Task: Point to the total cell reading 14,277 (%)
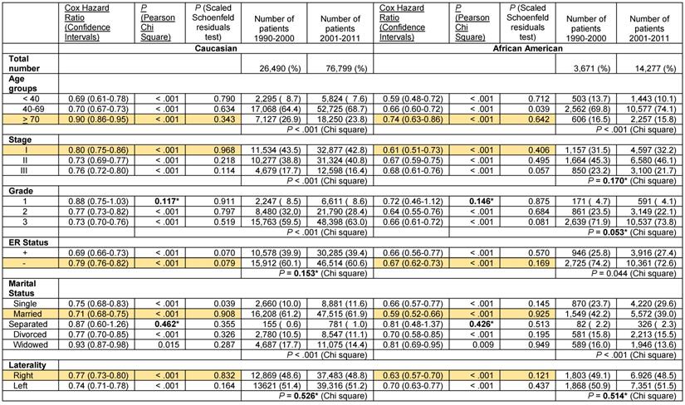(x=648, y=65)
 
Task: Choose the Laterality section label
(x=27, y=364)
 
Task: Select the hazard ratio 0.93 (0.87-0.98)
(x=93, y=346)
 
